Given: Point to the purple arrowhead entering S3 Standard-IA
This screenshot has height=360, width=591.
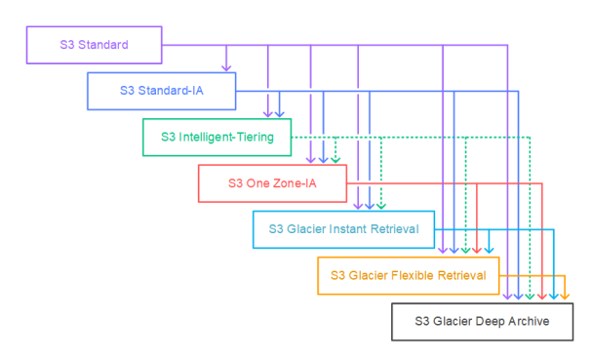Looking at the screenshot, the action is pyautogui.click(x=226, y=68).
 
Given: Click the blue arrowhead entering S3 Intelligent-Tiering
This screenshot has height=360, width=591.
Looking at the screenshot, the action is pyautogui.click(x=279, y=114).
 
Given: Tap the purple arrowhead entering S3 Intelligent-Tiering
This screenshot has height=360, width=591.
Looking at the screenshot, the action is pyautogui.click(x=267, y=114).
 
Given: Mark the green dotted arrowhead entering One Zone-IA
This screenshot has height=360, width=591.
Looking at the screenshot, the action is pyautogui.click(x=335, y=160).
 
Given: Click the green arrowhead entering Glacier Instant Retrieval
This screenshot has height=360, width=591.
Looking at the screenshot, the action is pyautogui.click(x=381, y=206).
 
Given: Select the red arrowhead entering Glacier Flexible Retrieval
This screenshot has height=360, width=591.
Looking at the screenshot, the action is pyautogui.click(x=477, y=250).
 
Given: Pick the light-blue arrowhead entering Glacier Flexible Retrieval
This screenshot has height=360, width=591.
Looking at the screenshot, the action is pyautogui.click(x=489, y=250).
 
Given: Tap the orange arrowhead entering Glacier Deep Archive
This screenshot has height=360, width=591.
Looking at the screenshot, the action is pyautogui.click(x=565, y=297).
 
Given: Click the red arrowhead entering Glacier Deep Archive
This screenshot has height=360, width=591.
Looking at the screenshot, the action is pyautogui.click(x=542, y=297).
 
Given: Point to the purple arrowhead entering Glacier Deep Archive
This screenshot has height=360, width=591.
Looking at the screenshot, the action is pyautogui.click(x=508, y=297).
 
